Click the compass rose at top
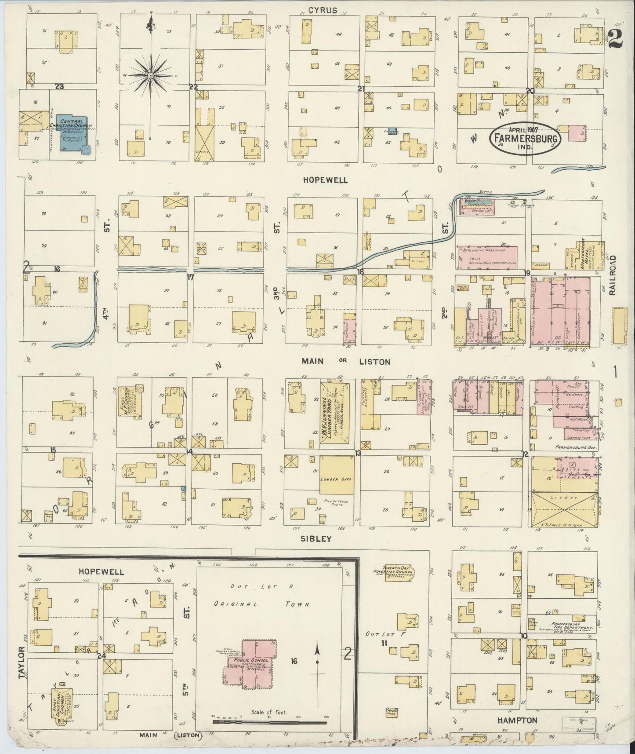tap(151, 76)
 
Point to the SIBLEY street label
tap(322, 538)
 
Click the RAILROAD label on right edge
tap(613, 275)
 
